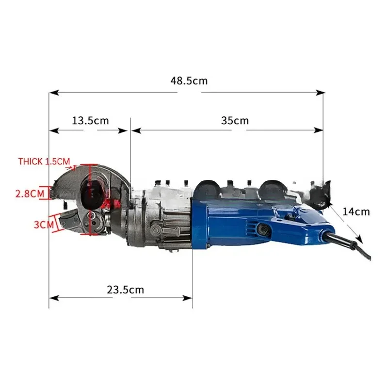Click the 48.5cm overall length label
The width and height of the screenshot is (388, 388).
click(x=189, y=81)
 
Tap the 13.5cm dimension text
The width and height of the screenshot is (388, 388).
click(x=91, y=120)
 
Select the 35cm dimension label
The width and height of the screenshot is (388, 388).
click(x=235, y=120)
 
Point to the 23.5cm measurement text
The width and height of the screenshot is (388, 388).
click(x=125, y=290)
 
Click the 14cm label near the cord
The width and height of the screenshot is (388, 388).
click(x=356, y=211)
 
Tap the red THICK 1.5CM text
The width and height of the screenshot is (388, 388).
click(x=44, y=161)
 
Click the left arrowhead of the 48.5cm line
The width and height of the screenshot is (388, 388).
click(x=52, y=92)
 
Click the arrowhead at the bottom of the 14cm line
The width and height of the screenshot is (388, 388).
click(x=360, y=239)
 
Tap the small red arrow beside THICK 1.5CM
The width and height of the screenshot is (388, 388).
click(x=74, y=167)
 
